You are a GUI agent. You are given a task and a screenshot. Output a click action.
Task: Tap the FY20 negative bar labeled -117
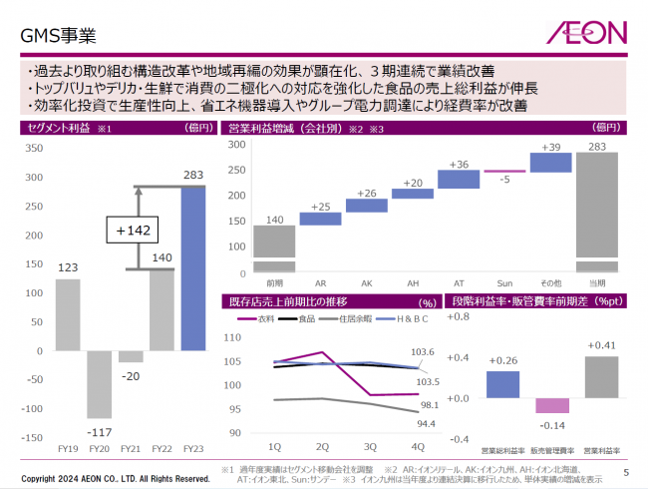tap(99, 383)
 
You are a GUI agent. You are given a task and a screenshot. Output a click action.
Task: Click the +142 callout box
tap(134, 230)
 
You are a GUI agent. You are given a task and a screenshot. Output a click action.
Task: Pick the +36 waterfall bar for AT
tap(459, 179)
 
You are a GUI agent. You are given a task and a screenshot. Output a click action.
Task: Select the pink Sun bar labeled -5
tap(504, 172)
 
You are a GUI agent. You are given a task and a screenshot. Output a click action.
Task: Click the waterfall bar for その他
tap(550, 163)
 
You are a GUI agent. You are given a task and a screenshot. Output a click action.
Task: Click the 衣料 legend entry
tap(261, 319)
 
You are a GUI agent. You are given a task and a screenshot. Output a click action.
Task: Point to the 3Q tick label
tap(369, 446)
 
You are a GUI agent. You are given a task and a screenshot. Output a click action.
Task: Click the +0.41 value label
tap(601, 345)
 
